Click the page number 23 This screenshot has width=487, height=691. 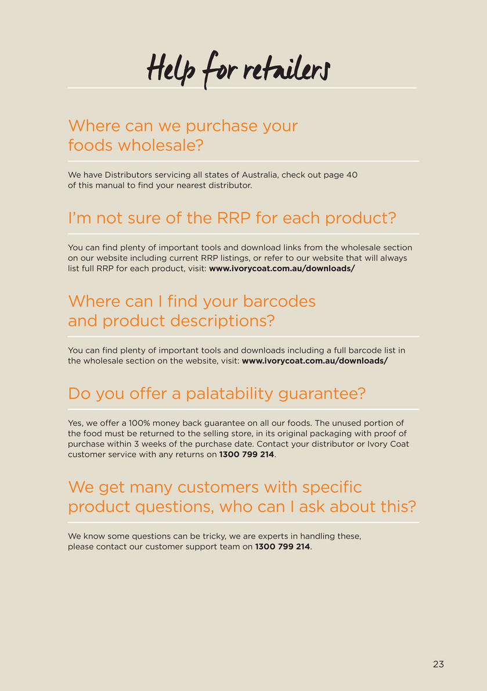(438, 664)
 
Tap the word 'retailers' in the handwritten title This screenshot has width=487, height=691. (286, 70)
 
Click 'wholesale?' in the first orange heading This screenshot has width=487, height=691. (160, 145)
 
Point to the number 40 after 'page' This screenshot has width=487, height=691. (352, 175)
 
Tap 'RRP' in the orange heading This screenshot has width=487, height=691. (234, 218)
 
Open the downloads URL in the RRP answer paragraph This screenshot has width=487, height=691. (282, 268)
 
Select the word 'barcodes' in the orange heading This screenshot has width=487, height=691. (279, 301)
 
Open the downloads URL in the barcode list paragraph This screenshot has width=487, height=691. (315, 361)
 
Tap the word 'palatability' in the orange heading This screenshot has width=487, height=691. (229, 394)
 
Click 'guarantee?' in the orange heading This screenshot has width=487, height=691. (322, 394)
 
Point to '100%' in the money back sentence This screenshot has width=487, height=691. (139, 423)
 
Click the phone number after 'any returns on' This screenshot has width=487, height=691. (247, 454)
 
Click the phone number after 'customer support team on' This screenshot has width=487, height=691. (283, 547)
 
